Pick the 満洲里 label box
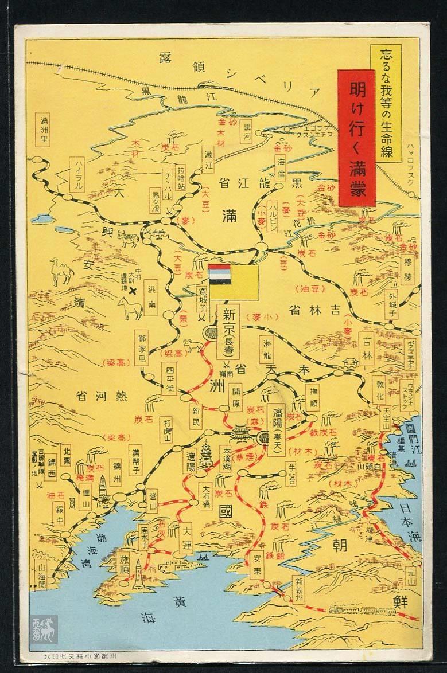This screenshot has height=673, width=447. pos(44,132)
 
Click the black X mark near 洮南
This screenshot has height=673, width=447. pos(134,291)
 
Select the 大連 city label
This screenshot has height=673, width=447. pos(184,537)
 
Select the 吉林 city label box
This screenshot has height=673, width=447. pos(367,349)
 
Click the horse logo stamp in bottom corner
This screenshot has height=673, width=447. pos(44,630)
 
